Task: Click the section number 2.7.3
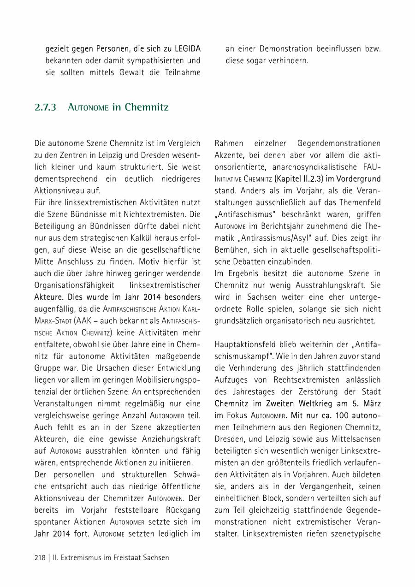[x=45, y=108]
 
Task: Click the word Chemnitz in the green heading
[x=146, y=108]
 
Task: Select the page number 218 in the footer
[x=40, y=557]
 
